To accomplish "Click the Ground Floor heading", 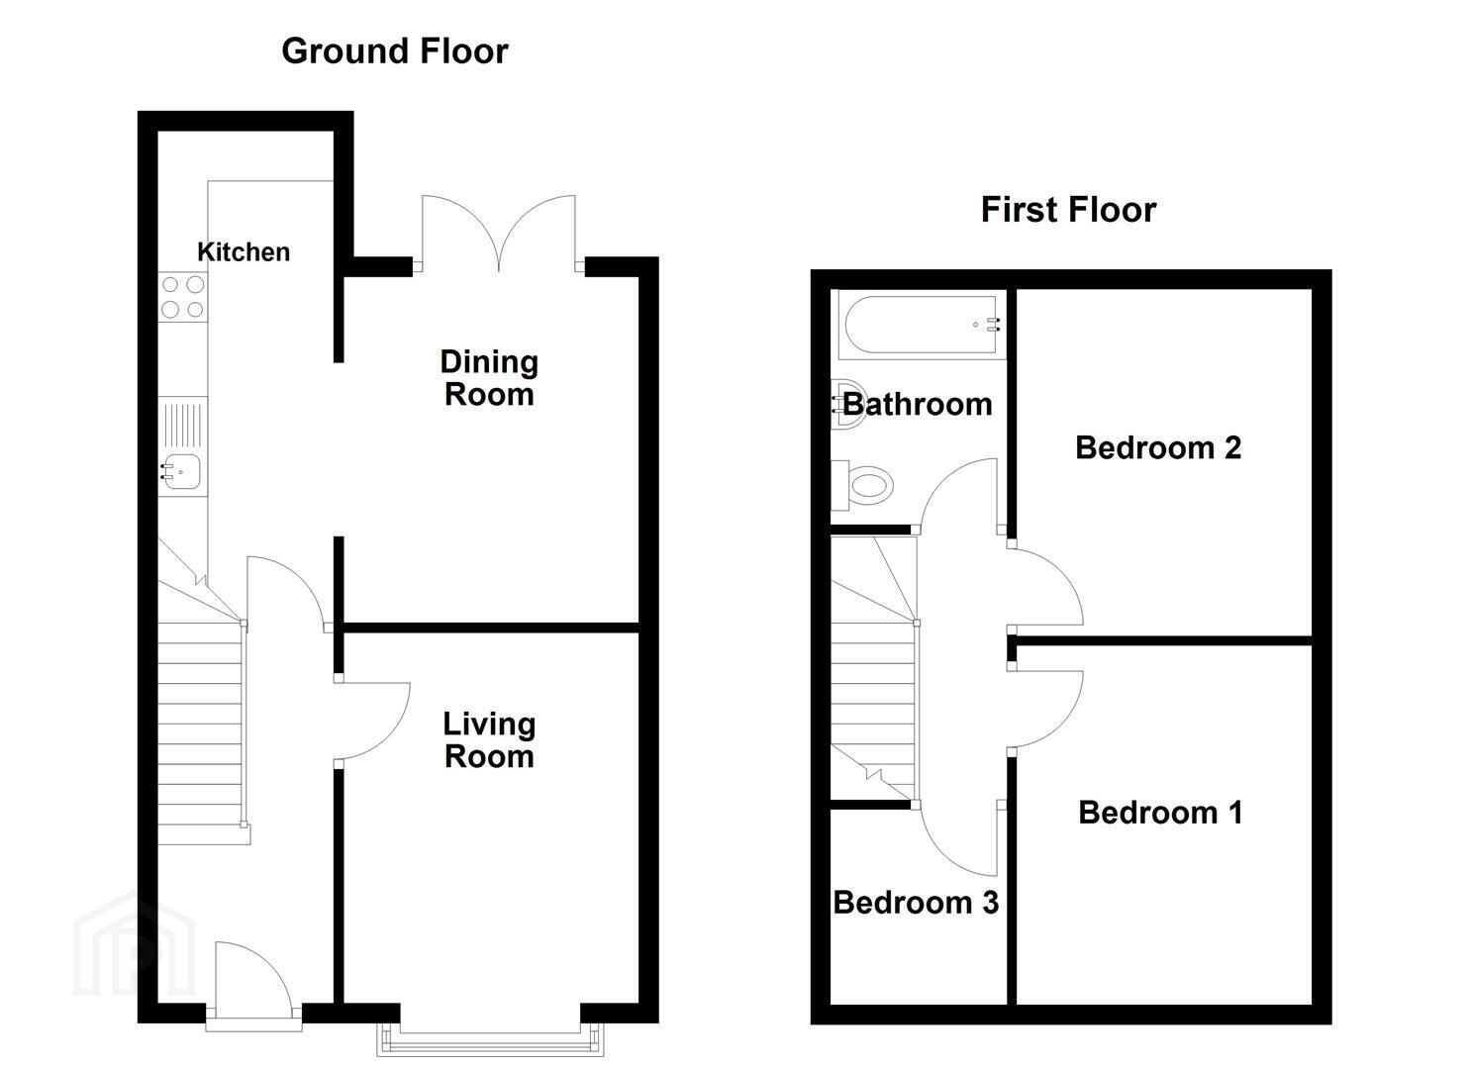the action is pos(395,51).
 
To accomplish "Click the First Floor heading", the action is pos(1068,210).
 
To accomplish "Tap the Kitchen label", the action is pos(244,252).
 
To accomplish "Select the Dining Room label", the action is pos(489,378).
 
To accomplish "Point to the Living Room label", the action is pos(489,740).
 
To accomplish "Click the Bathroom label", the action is pos(918,404).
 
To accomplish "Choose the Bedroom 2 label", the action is pos(1158,448).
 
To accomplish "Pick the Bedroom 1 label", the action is pos(1160,813).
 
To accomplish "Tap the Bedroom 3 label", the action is pos(916,903).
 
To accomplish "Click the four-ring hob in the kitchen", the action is pos(183,297).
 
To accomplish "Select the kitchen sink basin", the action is pos(180,472).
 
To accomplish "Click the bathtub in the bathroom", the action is pos(922,326).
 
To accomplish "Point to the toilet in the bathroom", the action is pos(861,486).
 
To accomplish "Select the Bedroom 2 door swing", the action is pos(1046,587).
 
